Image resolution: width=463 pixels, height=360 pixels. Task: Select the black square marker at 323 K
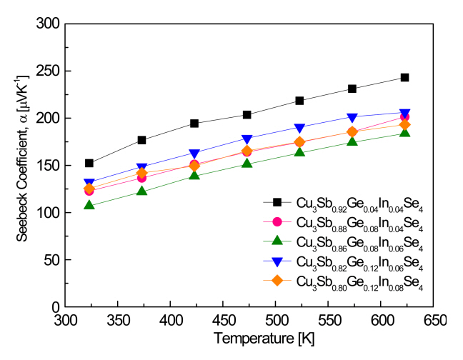(x=89, y=163)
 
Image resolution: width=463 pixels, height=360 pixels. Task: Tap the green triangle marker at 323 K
(x=89, y=206)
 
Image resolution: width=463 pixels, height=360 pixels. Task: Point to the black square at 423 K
(x=194, y=123)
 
